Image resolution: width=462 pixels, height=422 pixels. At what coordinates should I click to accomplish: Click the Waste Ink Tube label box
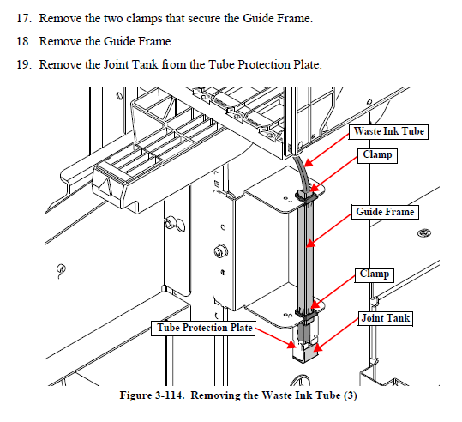click(x=388, y=131)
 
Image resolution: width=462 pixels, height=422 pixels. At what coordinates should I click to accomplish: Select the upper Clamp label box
click(x=377, y=155)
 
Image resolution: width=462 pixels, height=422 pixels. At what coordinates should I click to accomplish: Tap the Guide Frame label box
click(x=385, y=212)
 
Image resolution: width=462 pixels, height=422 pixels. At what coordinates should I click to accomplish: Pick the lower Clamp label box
click(x=375, y=274)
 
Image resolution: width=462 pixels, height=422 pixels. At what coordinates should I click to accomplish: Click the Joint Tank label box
click(x=385, y=318)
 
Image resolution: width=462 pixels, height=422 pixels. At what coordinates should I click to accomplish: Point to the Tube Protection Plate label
click(x=203, y=329)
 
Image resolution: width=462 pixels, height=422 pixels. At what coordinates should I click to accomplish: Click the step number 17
click(x=24, y=18)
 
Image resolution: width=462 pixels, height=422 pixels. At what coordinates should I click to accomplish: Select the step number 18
click(x=24, y=41)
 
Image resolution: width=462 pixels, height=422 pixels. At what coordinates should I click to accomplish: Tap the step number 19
click(x=24, y=64)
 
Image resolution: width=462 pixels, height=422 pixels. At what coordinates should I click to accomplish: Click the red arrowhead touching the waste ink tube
click(x=308, y=163)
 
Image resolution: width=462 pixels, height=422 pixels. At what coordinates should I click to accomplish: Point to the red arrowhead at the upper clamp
click(x=315, y=188)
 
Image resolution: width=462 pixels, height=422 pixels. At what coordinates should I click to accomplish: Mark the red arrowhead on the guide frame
click(x=311, y=243)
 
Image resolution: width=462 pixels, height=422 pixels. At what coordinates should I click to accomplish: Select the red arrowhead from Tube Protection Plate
click(x=291, y=344)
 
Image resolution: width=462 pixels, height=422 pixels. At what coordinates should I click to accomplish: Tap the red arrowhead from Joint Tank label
click(x=318, y=347)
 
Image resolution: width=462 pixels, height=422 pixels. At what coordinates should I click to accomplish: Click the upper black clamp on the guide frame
click(x=306, y=196)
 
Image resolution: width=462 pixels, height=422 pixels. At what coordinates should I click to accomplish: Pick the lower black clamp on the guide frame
click(x=307, y=314)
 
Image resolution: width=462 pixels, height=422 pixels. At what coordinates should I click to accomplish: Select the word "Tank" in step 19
click(x=145, y=64)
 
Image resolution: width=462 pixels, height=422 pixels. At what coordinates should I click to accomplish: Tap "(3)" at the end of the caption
click(x=350, y=395)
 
